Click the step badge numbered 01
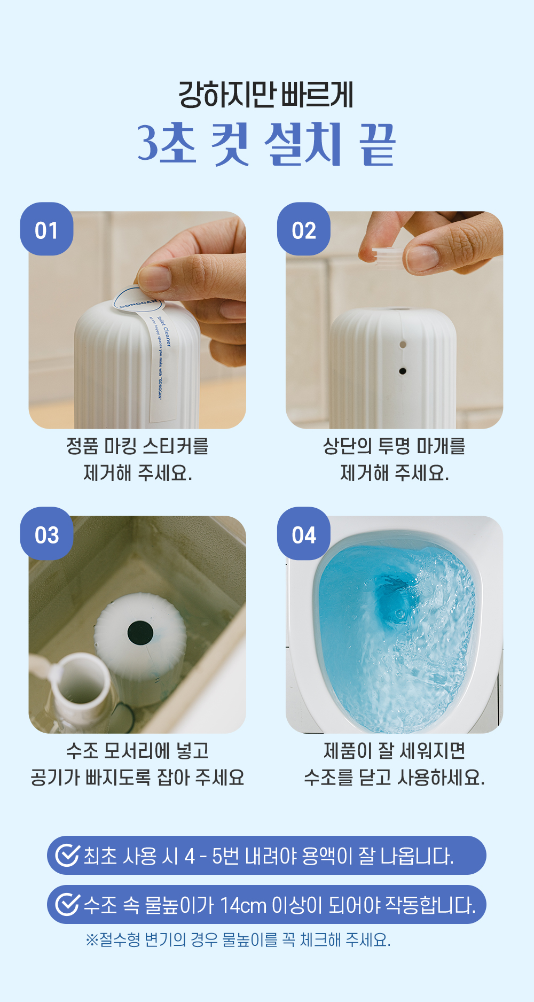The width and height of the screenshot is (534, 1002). (x=46, y=229)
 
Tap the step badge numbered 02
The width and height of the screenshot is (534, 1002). (x=303, y=229)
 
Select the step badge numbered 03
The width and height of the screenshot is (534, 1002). (x=46, y=534)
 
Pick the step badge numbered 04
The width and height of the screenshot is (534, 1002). (x=303, y=534)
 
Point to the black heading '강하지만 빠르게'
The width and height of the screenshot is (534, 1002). (x=266, y=95)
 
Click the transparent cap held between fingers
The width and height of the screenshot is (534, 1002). (x=388, y=258)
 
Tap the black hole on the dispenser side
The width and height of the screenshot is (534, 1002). (x=403, y=371)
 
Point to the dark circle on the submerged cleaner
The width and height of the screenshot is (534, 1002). (x=140, y=633)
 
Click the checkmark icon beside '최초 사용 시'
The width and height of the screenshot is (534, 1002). (x=68, y=856)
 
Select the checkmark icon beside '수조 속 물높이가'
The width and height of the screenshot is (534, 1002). (x=68, y=905)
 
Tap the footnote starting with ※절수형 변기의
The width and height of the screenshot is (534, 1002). (x=238, y=939)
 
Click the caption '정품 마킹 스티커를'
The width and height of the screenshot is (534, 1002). (x=137, y=446)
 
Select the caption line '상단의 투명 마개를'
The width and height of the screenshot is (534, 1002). (x=394, y=446)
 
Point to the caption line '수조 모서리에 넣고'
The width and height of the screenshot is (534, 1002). (x=137, y=751)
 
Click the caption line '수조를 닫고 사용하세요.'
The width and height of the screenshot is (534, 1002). (x=394, y=778)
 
